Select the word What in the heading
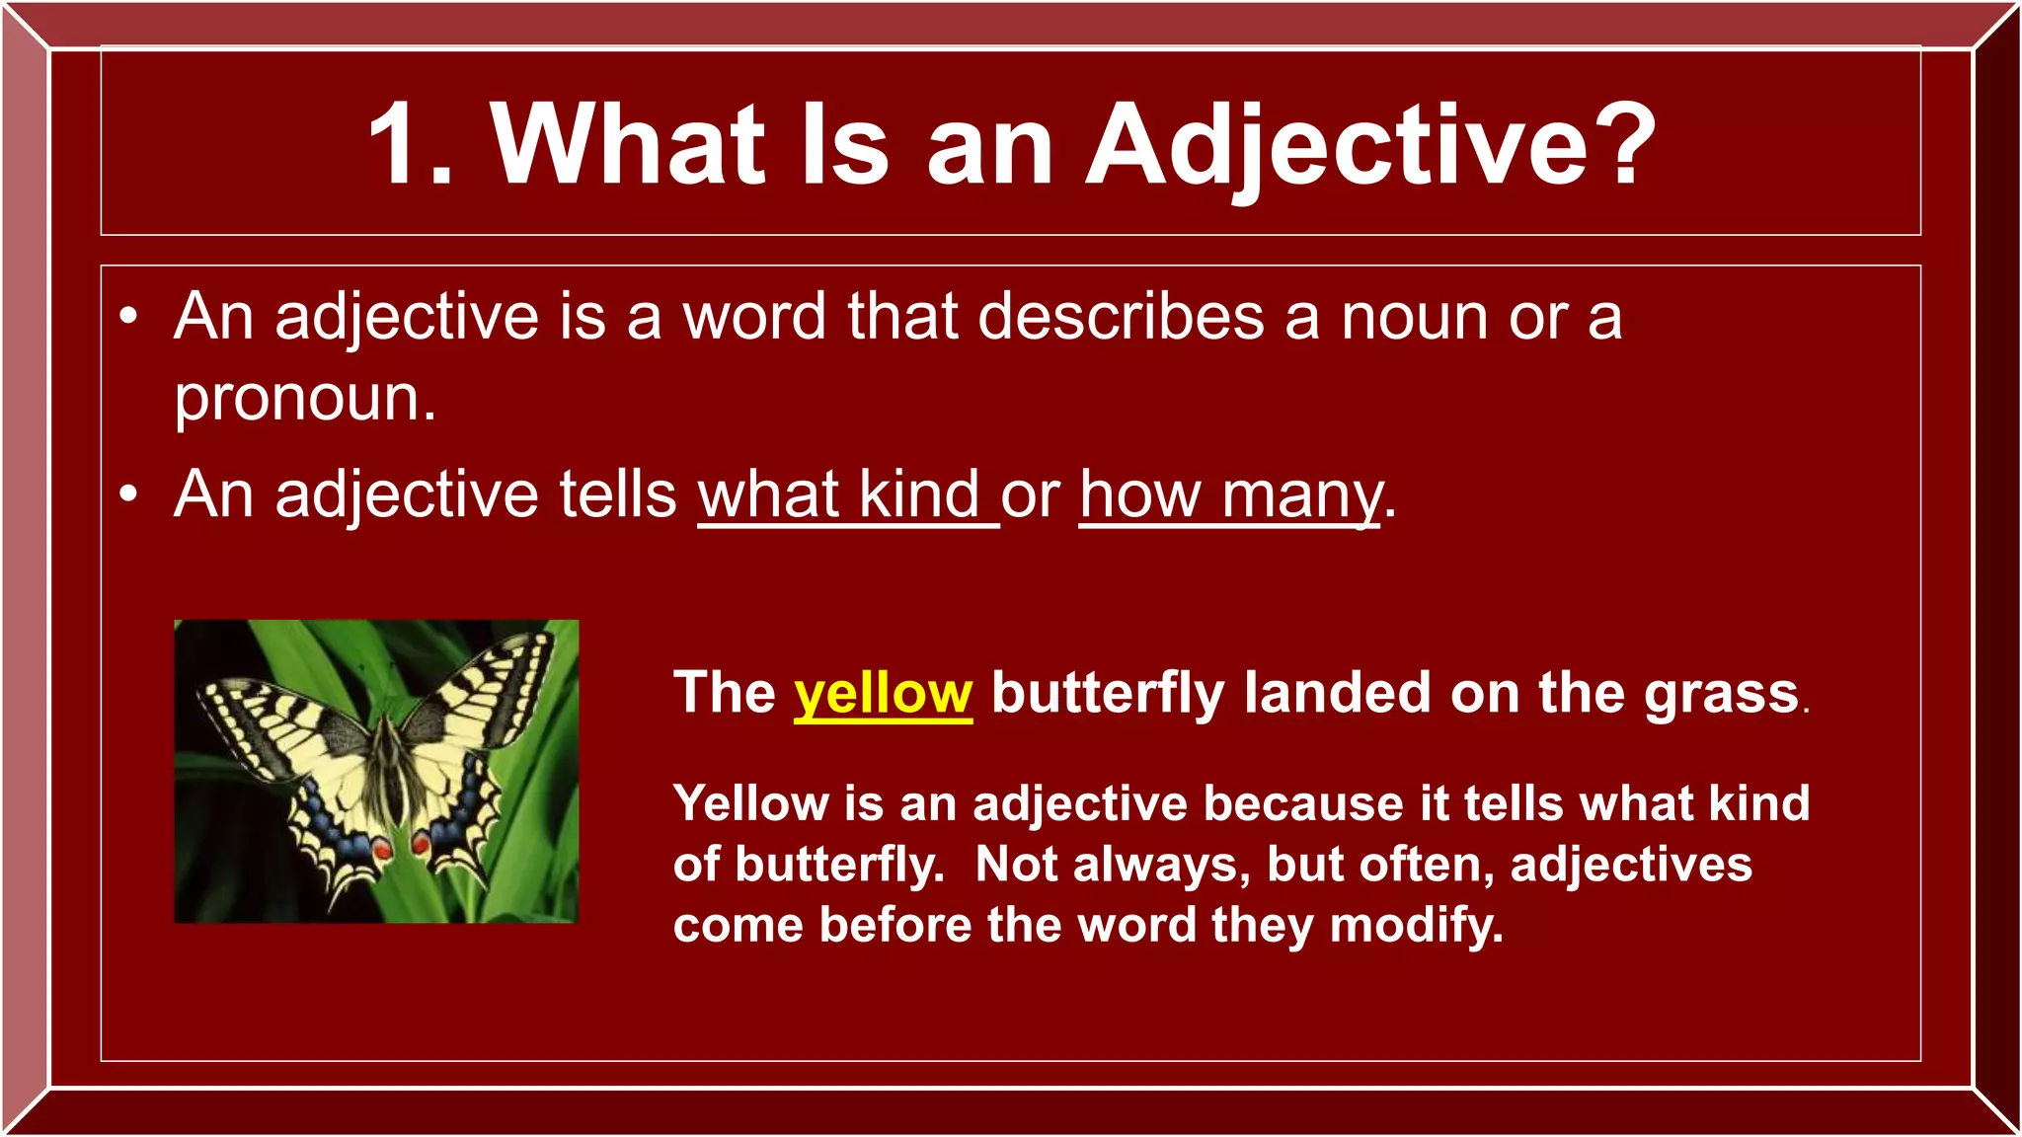point(628,145)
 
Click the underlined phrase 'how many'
point(1229,495)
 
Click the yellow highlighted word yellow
point(883,694)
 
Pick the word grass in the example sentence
point(1721,694)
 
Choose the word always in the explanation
point(1155,866)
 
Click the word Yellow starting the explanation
point(750,803)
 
